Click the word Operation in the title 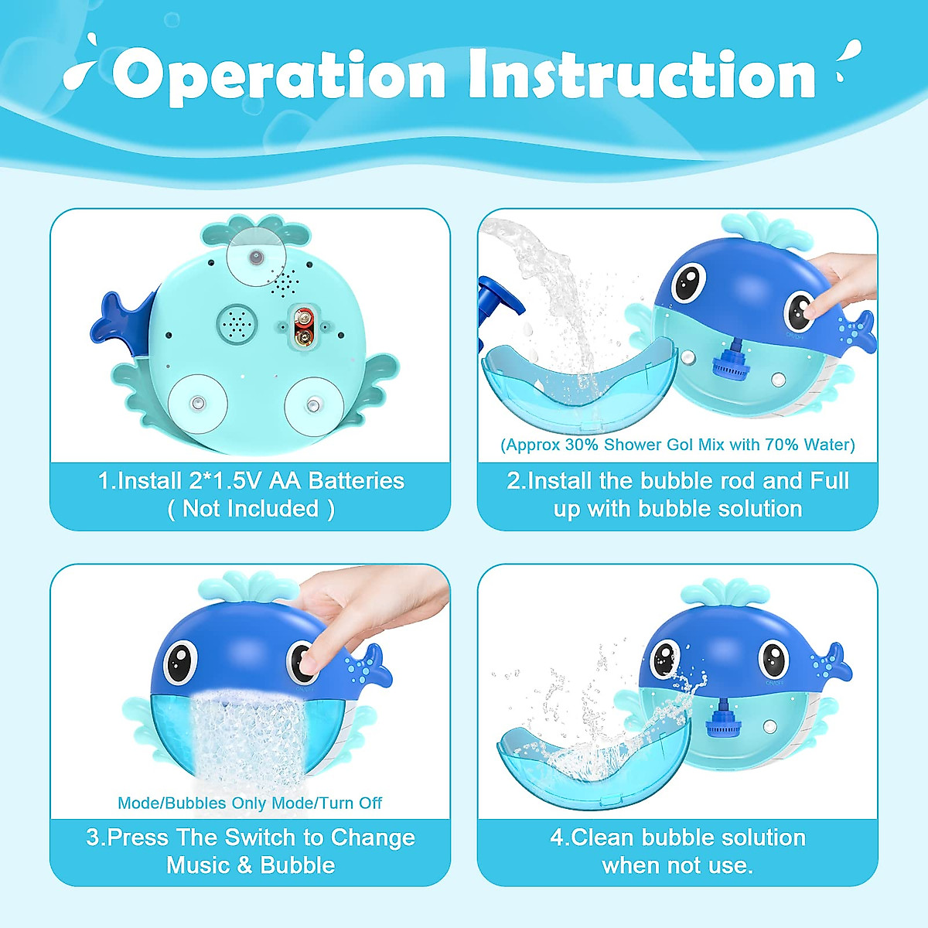tap(278, 75)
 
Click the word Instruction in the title tap(642, 75)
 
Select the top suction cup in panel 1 tap(255, 257)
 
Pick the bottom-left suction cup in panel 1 tap(198, 403)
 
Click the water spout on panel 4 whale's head tap(718, 596)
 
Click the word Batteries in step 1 tap(356, 481)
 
